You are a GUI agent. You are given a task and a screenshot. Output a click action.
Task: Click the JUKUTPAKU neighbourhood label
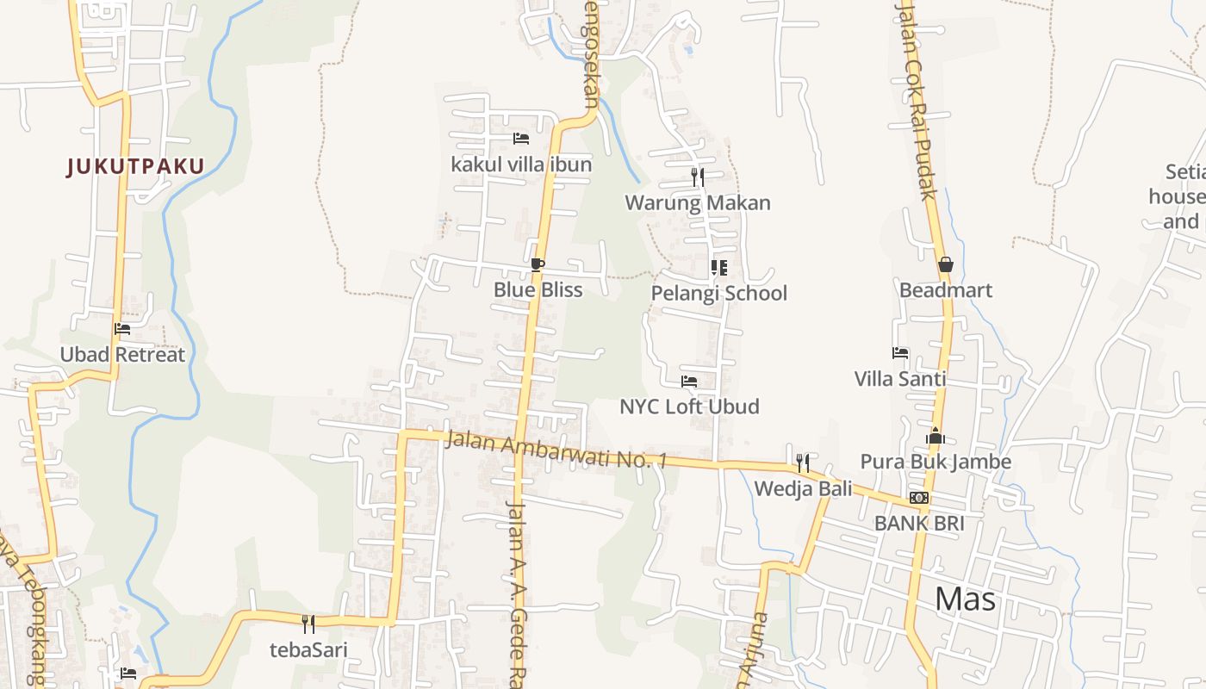136,166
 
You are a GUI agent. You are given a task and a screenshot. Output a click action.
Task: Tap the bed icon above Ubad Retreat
122,328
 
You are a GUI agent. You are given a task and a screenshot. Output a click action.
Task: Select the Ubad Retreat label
122,354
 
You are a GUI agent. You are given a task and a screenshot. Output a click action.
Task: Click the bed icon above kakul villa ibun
520,138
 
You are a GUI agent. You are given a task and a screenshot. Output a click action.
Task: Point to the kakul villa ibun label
521,164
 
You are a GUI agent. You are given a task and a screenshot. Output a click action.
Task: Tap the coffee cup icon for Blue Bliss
538,264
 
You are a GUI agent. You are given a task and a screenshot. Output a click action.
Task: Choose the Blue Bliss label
538,289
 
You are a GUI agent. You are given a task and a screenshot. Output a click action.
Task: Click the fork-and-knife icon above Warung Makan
698,177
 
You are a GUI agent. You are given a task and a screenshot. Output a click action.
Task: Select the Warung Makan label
698,202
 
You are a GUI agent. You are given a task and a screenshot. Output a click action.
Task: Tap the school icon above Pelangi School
718,268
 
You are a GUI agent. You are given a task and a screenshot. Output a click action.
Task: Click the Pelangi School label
718,293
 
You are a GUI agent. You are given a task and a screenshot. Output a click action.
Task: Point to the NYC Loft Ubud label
689,406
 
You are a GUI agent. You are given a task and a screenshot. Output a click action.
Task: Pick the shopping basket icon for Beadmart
945,264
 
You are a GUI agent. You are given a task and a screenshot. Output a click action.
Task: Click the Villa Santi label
899,378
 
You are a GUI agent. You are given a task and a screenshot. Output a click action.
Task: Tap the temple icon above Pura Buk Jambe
936,436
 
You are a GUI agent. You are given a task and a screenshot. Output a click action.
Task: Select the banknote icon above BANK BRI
919,498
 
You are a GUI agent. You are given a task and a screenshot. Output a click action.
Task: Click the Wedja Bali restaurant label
803,488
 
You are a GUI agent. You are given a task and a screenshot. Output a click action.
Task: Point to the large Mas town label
965,599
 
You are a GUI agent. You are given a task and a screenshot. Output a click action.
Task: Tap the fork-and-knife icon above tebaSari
308,624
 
